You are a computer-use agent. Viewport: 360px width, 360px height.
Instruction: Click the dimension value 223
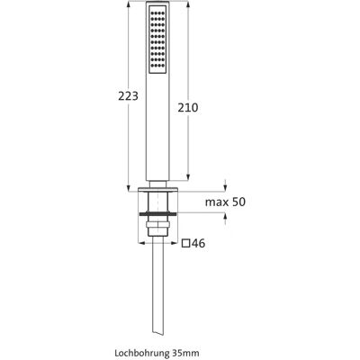point(128,96)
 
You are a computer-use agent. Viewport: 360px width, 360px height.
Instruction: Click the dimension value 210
point(188,107)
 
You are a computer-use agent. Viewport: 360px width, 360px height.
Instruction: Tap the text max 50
point(225,202)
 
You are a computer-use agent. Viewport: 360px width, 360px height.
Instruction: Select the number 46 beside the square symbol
point(199,243)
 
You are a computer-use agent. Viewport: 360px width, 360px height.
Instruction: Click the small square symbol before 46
point(186,243)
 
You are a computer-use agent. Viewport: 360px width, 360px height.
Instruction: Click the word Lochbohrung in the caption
point(141,353)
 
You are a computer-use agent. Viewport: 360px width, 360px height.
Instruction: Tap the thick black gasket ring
point(157,213)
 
